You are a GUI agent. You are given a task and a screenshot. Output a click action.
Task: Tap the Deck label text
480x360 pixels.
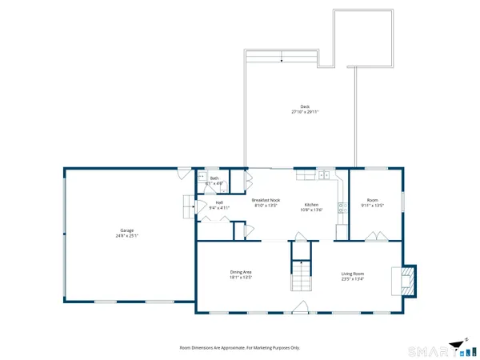(x=304, y=106)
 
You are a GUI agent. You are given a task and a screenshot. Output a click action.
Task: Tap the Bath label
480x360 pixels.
(x=214, y=178)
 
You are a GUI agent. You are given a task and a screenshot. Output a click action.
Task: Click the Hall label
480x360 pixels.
(x=219, y=202)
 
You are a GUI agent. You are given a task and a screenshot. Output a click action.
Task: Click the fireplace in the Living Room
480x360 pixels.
(x=406, y=280)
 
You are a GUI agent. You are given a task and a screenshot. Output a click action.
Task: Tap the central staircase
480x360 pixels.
(x=299, y=278)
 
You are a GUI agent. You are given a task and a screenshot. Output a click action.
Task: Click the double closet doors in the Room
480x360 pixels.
(x=373, y=236)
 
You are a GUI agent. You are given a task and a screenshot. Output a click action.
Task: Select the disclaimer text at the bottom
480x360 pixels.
(x=240, y=347)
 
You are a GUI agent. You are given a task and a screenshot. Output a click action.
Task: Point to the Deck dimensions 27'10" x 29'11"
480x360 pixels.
(x=304, y=112)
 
